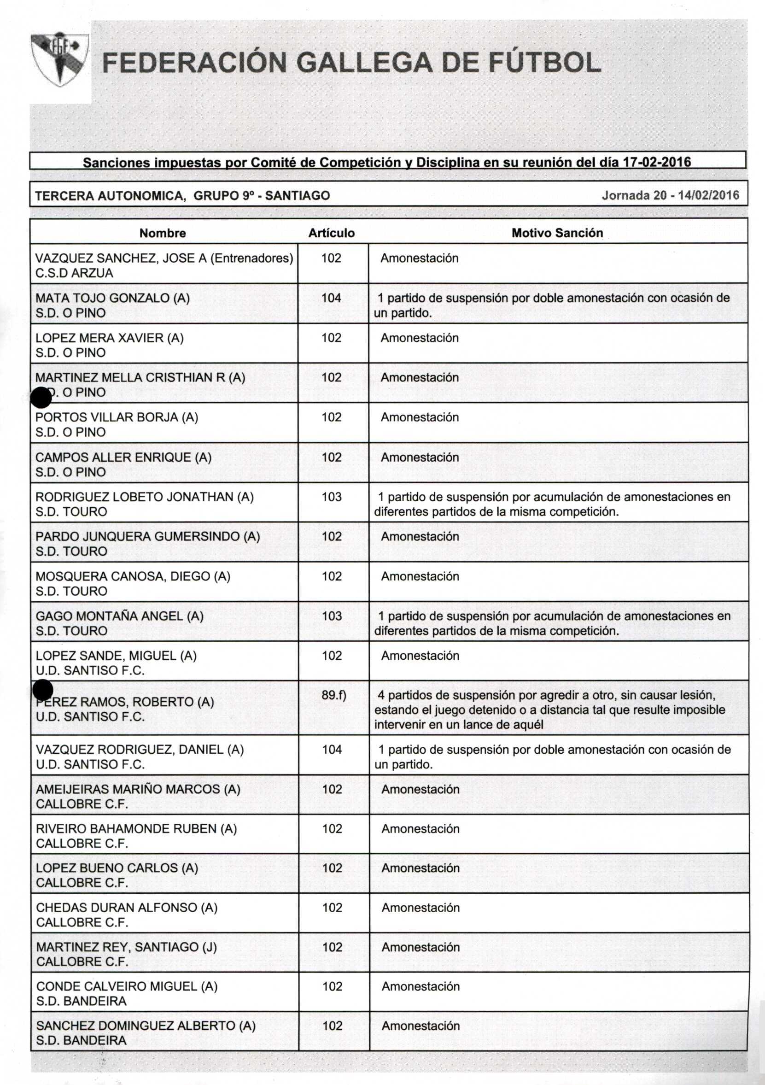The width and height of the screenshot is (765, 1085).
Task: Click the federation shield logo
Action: pyautogui.click(x=60, y=59)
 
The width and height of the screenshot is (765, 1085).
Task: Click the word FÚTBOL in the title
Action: pyautogui.click(x=544, y=63)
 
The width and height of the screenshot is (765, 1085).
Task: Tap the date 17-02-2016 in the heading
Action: pyautogui.click(x=657, y=162)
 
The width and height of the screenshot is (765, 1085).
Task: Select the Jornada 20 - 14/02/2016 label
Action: pyautogui.click(x=670, y=195)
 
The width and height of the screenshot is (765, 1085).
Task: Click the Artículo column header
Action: pyautogui.click(x=331, y=233)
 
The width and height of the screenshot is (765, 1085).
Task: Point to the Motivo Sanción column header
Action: pyautogui.click(x=557, y=233)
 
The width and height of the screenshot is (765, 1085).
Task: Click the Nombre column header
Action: pyautogui.click(x=163, y=233)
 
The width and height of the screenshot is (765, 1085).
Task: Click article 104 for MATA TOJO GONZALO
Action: pyautogui.click(x=331, y=298)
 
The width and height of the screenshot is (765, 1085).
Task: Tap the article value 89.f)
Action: pyautogui.click(x=333, y=695)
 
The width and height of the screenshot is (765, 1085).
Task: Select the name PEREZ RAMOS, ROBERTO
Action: pyautogui.click(x=125, y=702)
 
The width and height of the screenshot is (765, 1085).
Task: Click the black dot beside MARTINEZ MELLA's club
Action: pyautogui.click(x=41, y=397)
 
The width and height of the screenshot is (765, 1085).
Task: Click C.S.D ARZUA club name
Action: pyautogui.click(x=74, y=273)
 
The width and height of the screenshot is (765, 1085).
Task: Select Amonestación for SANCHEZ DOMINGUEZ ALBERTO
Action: pyautogui.click(x=420, y=1026)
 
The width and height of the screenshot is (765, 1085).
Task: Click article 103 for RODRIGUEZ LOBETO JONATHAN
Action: pyautogui.click(x=332, y=497)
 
